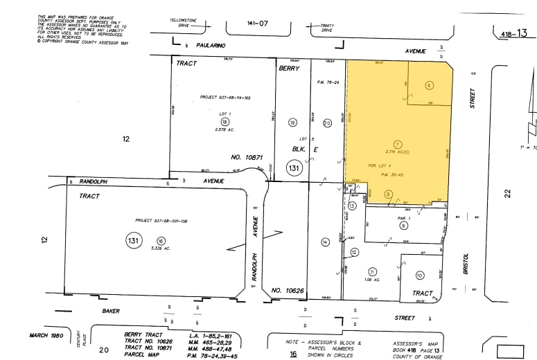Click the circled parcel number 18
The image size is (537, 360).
(x=224, y=121)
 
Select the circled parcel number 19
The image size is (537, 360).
(x=292, y=123)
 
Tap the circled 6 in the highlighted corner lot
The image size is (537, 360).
(x=429, y=85)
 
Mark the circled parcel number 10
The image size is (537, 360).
(x=419, y=275)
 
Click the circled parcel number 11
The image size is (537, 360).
(x=372, y=271)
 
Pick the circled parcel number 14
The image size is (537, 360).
(x=324, y=242)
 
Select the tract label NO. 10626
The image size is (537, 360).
(x=286, y=289)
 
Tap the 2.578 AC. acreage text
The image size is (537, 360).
(x=224, y=129)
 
